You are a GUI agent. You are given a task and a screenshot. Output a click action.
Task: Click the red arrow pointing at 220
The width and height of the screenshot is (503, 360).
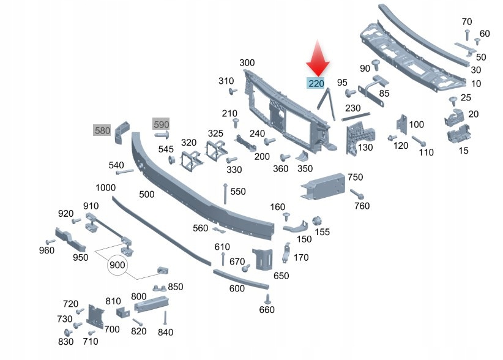tap(318, 59)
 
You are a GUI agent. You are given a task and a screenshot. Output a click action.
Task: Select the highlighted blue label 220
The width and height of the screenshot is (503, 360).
tap(316, 84)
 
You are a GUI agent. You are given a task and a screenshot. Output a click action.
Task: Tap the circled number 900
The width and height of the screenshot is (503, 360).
tap(117, 264)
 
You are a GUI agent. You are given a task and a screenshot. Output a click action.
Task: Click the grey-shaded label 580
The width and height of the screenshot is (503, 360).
tap(102, 130)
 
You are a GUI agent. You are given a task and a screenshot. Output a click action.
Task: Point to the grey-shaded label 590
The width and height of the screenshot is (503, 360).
tap(161, 124)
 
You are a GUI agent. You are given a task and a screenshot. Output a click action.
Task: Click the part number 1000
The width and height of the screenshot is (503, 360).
tap(105, 187)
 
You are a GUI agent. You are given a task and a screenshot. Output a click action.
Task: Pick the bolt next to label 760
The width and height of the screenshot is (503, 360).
tap(357, 194)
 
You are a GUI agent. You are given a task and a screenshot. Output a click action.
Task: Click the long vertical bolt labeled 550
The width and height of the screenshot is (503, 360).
tap(225, 193)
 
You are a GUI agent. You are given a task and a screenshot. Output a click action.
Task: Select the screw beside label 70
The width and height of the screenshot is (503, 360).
tap(468, 35)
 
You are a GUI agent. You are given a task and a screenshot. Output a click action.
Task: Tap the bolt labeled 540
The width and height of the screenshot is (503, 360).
tap(124, 172)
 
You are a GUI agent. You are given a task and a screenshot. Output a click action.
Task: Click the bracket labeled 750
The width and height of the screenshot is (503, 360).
tap(323, 186)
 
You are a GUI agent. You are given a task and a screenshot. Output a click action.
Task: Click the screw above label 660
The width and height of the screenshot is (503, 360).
tap(268, 299)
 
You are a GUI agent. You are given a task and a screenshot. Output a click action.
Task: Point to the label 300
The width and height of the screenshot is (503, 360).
tap(247, 62)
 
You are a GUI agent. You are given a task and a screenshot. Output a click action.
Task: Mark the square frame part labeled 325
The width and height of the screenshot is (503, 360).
tap(216, 149)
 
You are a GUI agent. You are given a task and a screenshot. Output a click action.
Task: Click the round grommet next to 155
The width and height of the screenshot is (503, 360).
tap(317, 221)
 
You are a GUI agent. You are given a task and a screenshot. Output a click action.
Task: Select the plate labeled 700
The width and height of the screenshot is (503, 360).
tap(95, 317)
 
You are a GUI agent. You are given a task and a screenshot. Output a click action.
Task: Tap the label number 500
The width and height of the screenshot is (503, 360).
tap(147, 194)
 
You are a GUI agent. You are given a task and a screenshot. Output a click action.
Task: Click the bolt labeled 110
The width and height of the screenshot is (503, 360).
tap(419, 141)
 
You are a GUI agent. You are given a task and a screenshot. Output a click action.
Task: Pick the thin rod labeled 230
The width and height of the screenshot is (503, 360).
tap(356, 117)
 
